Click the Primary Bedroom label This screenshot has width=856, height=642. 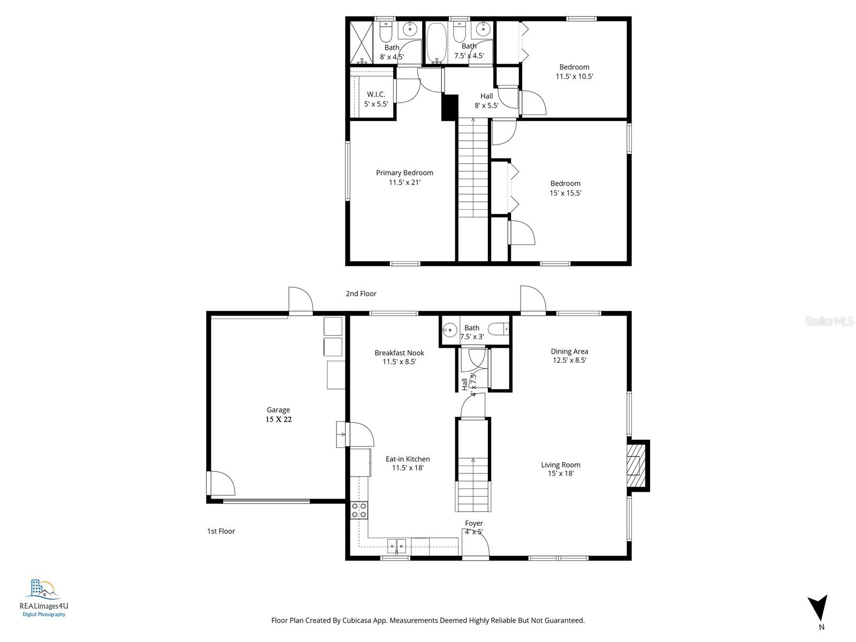[x=404, y=173]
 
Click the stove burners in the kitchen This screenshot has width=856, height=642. [x=359, y=510]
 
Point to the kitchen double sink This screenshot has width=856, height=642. [x=396, y=546]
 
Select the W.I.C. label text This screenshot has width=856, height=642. [x=376, y=95]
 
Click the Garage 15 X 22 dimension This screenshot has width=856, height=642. [x=279, y=419]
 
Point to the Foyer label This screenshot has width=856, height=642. [x=474, y=523]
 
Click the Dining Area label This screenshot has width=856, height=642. [x=569, y=351]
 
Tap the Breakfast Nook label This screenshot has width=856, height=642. [x=399, y=353]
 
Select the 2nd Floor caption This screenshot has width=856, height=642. [x=361, y=294]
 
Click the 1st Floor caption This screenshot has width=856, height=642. [x=221, y=531]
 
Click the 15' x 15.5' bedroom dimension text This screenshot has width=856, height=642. [x=565, y=193]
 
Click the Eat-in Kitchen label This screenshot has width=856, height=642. [x=408, y=459]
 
